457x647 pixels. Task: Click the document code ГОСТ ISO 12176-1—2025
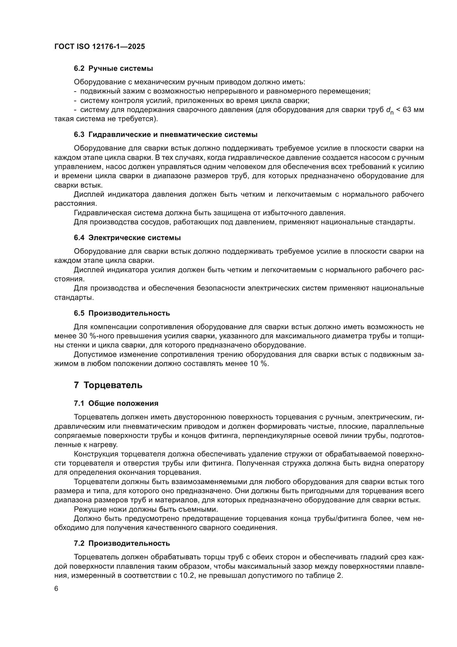click(x=100, y=46)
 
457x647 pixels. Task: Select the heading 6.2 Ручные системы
click(x=113, y=69)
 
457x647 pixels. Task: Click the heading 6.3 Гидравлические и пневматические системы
click(x=166, y=135)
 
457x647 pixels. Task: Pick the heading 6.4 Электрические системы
click(x=127, y=238)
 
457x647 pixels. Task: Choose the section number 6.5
click(x=79, y=313)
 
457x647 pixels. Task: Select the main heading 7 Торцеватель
click(x=108, y=385)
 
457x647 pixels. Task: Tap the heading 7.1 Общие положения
click(x=116, y=403)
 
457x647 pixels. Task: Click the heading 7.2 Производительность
click(x=122, y=543)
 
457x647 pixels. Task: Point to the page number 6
click(x=56, y=589)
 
